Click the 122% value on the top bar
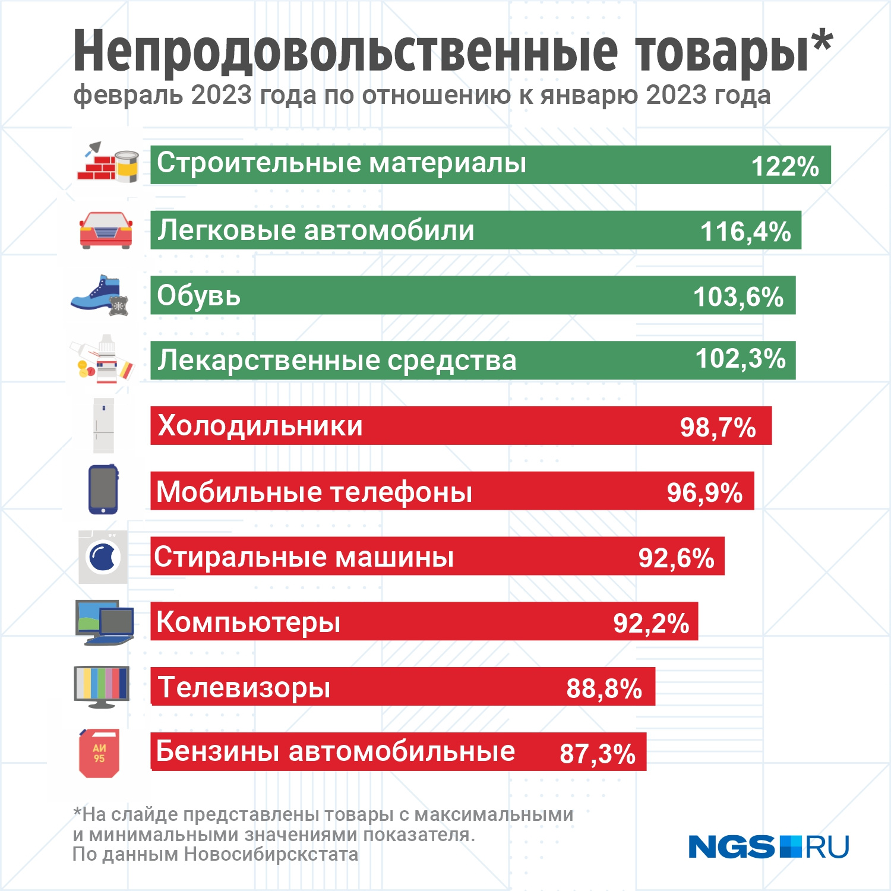[785, 166]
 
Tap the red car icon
[106, 230]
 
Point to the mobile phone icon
[103, 489]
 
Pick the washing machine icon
[103, 557]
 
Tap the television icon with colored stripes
[102, 686]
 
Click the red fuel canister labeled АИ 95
[99, 753]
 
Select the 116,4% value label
[745, 232]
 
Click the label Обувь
[199, 295]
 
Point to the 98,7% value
[718, 427]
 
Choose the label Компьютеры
[248, 622]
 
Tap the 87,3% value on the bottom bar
[598, 754]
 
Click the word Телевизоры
[244, 687]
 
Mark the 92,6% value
[676, 558]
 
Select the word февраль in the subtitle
[128, 95]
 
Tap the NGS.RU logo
[769, 846]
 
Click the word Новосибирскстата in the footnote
[271, 854]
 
